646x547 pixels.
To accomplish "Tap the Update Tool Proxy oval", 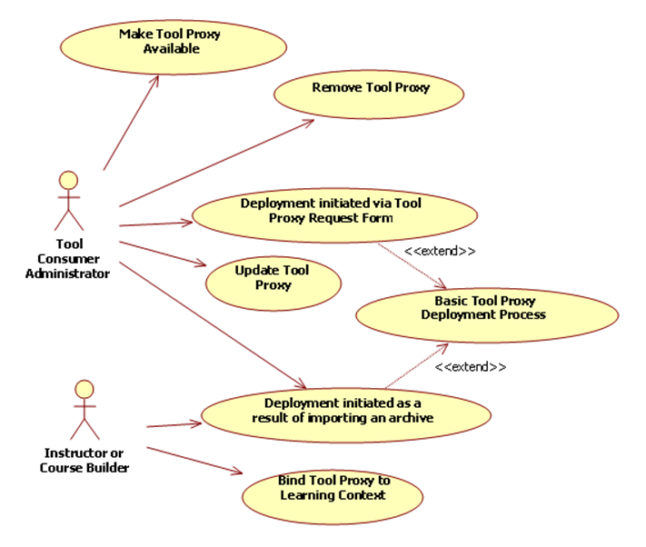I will click(273, 281).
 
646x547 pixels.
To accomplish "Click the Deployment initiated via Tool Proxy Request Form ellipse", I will click(334, 214).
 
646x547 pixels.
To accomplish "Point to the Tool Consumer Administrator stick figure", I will click(68, 201).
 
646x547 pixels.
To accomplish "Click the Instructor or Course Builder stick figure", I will click(84, 410).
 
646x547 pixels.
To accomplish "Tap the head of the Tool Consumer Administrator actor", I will click(68, 180).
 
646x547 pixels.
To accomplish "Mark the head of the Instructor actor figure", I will click(84, 390).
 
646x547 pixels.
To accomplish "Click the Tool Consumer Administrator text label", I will click(68, 259).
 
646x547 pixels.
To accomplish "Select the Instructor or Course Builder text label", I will click(84, 461).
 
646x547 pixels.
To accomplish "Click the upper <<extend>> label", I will click(440, 252).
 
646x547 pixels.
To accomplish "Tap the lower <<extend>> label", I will click(470, 367).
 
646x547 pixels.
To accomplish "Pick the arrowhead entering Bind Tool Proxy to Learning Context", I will click(237, 472).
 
